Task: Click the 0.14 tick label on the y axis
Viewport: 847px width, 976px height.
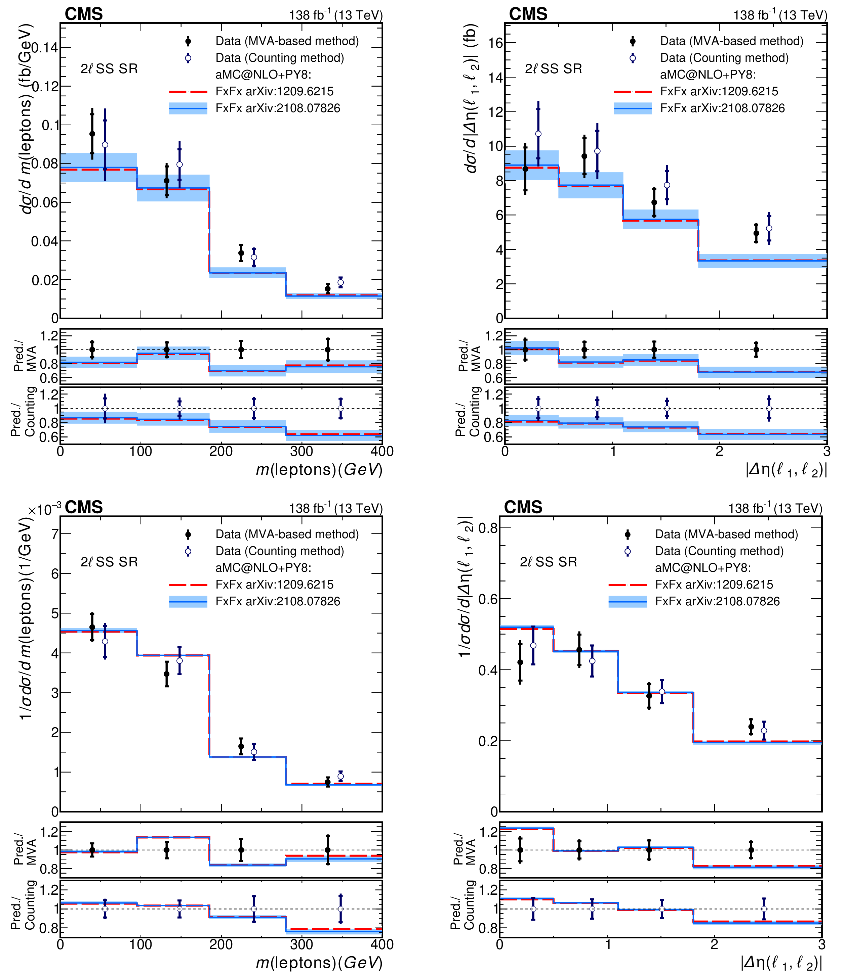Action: (x=44, y=48)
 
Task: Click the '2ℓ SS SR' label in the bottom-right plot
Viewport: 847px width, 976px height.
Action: (x=548, y=562)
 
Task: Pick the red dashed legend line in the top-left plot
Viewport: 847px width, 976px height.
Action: (x=188, y=92)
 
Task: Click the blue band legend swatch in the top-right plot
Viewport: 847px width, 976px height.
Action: (x=633, y=108)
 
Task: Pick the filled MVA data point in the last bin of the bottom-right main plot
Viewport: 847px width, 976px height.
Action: (x=751, y=727)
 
